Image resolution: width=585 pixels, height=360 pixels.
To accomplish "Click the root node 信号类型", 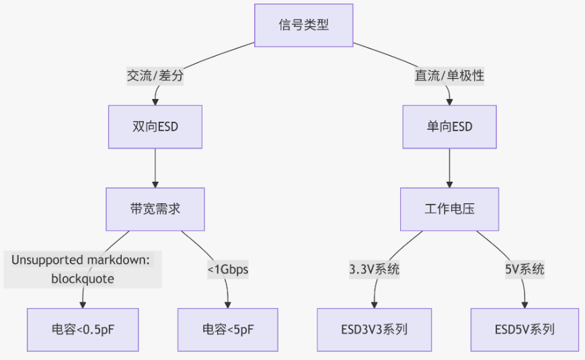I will [x=304, y=25].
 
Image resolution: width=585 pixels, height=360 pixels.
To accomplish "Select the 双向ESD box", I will [x=155, y=127].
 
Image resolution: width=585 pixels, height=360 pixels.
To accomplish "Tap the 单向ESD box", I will [x=449, y=127].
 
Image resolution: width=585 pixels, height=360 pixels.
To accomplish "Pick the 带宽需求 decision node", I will [x=155, y=209].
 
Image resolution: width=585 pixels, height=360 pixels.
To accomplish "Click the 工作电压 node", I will [x=449, y=209].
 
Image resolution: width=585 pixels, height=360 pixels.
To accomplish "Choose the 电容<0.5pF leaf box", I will [x=83, y=330].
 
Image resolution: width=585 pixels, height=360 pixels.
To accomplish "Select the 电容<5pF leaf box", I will [x=228, y=330].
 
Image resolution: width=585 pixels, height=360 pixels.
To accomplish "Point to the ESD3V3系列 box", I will [x=374, y=330].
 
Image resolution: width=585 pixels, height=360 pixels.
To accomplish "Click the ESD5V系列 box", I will [x=524, y=330].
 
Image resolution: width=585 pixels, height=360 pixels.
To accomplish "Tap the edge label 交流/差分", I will [x=155, y=76].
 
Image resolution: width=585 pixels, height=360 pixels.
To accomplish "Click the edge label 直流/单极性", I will [x=449, y=76].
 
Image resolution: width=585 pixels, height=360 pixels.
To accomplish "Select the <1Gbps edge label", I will [x=228, y=270].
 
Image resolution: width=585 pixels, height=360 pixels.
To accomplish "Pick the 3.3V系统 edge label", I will [x=375, y=270].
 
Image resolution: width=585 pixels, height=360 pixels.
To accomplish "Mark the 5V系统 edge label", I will [x=524, y=270].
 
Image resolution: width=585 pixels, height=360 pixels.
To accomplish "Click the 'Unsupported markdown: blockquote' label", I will [x=83, y=269].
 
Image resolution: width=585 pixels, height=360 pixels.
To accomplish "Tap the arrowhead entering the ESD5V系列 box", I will [x=524, y=304].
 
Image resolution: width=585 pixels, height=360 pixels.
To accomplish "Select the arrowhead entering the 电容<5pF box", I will [x=228, y=304].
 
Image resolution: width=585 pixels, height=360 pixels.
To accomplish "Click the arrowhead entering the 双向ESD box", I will [x=155, y=102].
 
